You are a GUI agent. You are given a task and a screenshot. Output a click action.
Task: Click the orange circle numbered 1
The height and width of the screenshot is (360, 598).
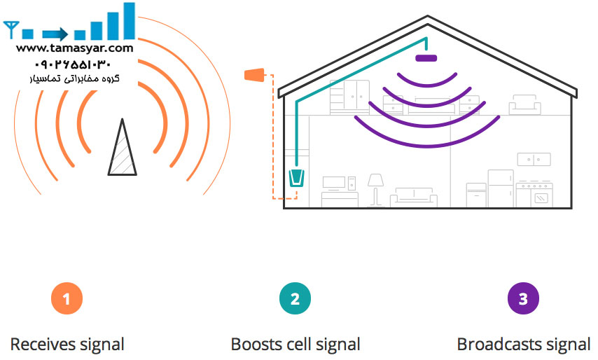(67, 299)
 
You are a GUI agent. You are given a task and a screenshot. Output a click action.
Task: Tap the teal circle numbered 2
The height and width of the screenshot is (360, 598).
(295, 299)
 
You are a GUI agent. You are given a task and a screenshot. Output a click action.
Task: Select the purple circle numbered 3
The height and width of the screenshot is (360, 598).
(523, 299)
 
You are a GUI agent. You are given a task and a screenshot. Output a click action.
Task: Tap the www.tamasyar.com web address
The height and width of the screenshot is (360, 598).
(74, 48)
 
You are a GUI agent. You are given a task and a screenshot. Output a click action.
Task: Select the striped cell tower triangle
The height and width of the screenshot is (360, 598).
(122, 148)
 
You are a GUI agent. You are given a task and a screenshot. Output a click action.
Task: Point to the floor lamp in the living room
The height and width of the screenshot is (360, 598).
(376, 188)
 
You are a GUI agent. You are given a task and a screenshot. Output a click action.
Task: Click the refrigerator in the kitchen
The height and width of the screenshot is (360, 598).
(500, 188)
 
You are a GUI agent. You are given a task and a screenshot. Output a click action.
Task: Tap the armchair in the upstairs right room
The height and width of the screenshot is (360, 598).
(524, 105)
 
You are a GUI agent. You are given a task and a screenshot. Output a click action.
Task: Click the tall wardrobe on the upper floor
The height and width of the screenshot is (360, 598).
(349, 96)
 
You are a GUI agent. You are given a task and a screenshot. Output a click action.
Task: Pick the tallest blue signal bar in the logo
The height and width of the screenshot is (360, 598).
(128, 21)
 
